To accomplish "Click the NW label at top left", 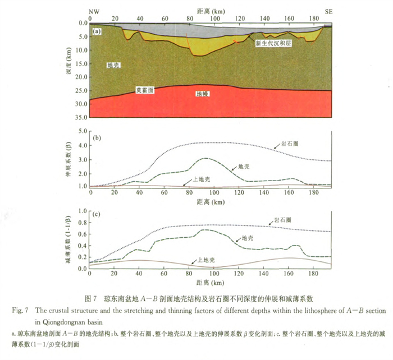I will click(94, 12).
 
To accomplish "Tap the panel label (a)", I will click(97, 31).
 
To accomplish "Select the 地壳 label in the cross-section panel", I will click(115, 66).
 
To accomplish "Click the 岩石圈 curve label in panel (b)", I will click(290, 144).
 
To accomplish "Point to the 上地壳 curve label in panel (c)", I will click(200, 261).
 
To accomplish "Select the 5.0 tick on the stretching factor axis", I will click(82, 132).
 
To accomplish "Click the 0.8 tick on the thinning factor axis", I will click(82, 223).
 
